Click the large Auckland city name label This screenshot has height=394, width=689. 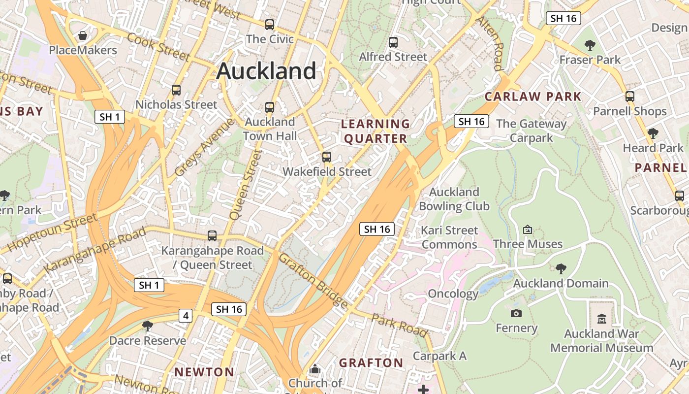pyautogui.click(x=266, y=71)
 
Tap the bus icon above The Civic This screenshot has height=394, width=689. pyautogui.click(x=269, y=24)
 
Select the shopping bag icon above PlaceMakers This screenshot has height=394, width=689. pyautogui.click(x=83, y=35)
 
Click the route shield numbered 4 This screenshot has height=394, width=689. pyautogui.click(x=185, y=316)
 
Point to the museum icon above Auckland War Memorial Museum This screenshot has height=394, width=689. pyautogui.click(x=601, y=319)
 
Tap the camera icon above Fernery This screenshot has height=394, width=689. pyautogui.click(x=516, y=313)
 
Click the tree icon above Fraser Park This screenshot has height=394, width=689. pyautogui.click(x=590, y=45)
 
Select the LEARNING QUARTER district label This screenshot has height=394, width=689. pyautogui.click(x=376, y=131)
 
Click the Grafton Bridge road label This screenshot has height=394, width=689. pyautogui.click(x=313, y=281)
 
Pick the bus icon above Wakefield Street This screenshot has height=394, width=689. pyautogui.click(x=326, y=157)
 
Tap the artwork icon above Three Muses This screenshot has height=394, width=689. pyautogui.click(x=528, y=230)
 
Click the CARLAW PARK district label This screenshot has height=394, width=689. pyautogui.click(x=533, y=97)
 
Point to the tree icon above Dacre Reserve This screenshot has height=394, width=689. pyautogui.click(x=147, y=326)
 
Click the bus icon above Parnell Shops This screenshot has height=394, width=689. pyautogui.click(x=629, y=97)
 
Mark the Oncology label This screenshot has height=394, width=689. pyautogui.click(x=453, y=294)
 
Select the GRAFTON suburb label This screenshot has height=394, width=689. pyautogui.click(x=371, y=363)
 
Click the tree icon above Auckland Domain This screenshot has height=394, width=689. pyautogui.click(x=561, y=268)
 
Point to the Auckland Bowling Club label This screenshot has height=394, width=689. pyautogui.click(x=454, y=199)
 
